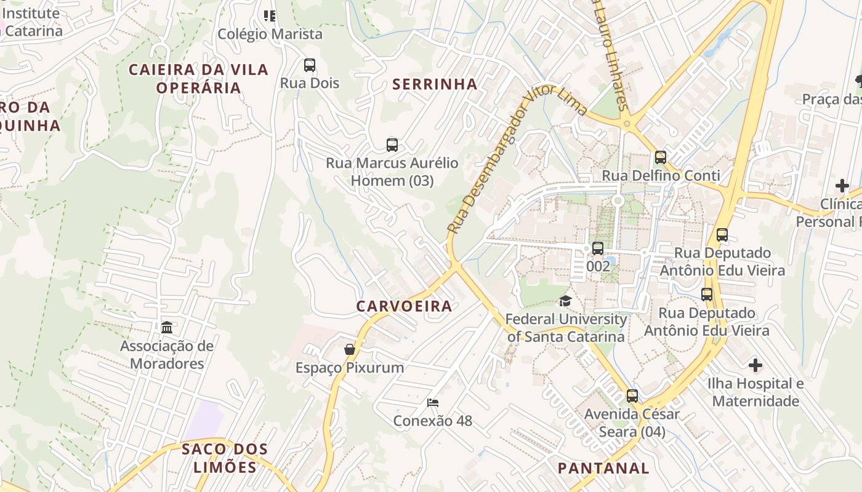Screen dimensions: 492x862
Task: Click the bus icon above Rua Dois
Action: [x=310, y=65]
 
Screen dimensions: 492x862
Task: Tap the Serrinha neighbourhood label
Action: [x=435, y=84]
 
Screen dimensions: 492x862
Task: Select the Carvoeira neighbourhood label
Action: [x=404, y=306]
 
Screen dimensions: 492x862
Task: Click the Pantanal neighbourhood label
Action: [x=603, y=468]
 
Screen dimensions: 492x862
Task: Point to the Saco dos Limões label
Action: [x=225, y=458]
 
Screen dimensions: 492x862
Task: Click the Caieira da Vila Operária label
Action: [x=198, y=79]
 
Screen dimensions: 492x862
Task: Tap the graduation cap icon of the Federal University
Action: [x=565, y=301]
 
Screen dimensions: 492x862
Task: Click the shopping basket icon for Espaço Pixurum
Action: [x=350, y=349]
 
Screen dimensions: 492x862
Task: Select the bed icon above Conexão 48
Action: [x=433, y=403]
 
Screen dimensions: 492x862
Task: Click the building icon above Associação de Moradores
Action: [x=167, y=327]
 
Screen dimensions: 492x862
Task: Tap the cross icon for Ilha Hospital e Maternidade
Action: [x=755, y=365]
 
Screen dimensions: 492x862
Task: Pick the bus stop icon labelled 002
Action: [x=598, y=248]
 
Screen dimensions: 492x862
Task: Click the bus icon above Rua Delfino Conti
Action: [x=661, y=157]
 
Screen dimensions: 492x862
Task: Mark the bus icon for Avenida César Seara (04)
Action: [x=632, y=396]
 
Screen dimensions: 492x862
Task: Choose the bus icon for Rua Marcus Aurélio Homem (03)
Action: [x=392, y=145]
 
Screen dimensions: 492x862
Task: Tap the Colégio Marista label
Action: [x=270, y=34]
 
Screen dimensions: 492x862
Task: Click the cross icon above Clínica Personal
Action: [x=842, y=185]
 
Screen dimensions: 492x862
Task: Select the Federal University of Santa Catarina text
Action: [x=566, y=328]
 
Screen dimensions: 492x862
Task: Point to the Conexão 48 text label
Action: [x=433, y=421]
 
